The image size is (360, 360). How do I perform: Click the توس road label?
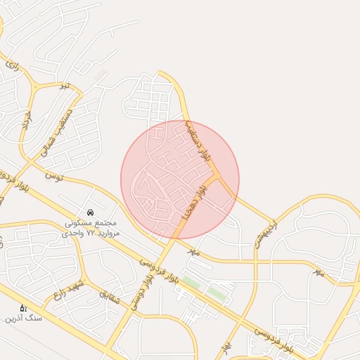[x=54, y=174]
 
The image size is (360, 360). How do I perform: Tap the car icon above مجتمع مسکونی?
[x=90, y=212]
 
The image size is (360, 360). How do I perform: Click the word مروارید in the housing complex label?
[x=108, y=232]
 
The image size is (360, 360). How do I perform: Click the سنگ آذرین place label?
[x=24, y=319]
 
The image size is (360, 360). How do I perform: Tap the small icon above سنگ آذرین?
[x=23, y=308]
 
